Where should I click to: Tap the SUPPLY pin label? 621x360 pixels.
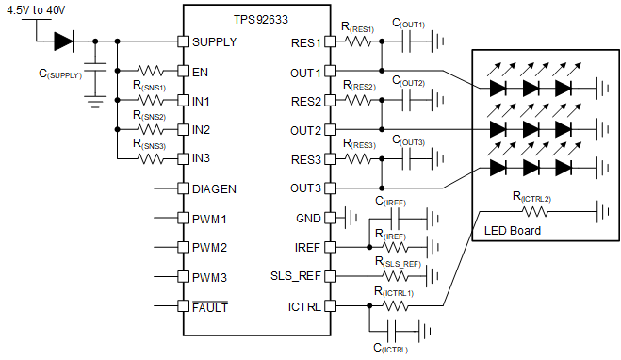point(214,42)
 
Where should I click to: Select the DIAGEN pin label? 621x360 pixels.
point(214,188)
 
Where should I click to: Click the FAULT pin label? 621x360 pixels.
point(210,306)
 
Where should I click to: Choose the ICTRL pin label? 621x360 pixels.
point(304,306)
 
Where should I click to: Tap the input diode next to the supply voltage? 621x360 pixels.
point(63,41)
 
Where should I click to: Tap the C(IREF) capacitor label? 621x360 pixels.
point(391,202)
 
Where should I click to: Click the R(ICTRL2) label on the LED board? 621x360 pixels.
point(531,197)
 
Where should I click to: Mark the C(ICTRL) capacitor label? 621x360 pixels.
point(390,348)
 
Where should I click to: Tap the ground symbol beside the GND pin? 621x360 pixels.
point(351,218)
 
